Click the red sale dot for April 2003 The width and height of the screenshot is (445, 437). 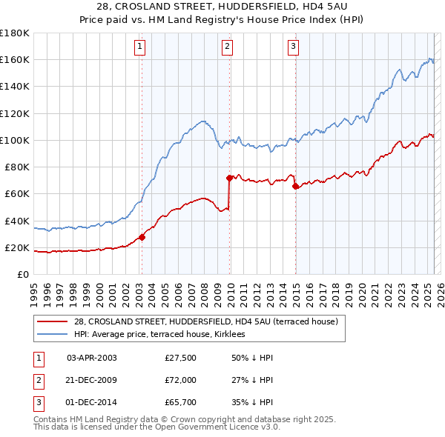[142, 237]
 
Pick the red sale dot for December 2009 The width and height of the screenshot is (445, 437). [230, 178]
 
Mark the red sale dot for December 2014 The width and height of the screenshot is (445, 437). [296, 186]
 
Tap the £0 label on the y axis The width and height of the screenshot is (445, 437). [23, 275]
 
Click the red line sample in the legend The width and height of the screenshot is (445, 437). [52, 321]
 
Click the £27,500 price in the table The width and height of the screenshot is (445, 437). [181, 358]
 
